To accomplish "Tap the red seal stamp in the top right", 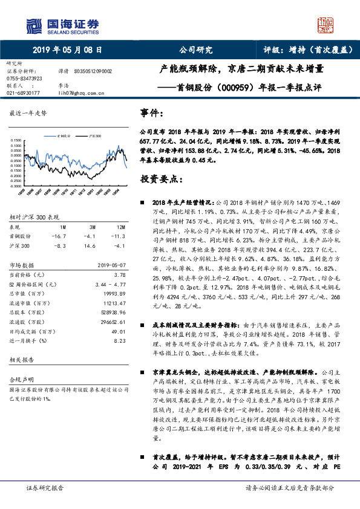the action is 326,25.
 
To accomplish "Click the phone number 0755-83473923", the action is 24,78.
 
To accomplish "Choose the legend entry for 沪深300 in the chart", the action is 93,137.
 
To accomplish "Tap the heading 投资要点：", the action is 159,180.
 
